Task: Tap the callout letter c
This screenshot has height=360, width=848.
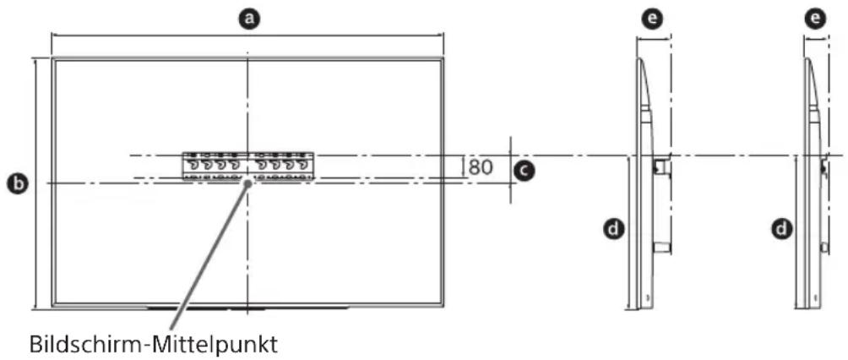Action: coord(525,172)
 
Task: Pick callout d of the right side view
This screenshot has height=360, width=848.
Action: coord(782,226)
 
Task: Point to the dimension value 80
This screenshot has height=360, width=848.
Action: coord(481,166)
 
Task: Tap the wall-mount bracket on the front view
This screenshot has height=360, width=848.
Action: coord(247,166)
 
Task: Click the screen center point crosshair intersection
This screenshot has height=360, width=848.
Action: coord(247,182)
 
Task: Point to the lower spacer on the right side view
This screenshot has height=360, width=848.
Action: coord(823,247)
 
